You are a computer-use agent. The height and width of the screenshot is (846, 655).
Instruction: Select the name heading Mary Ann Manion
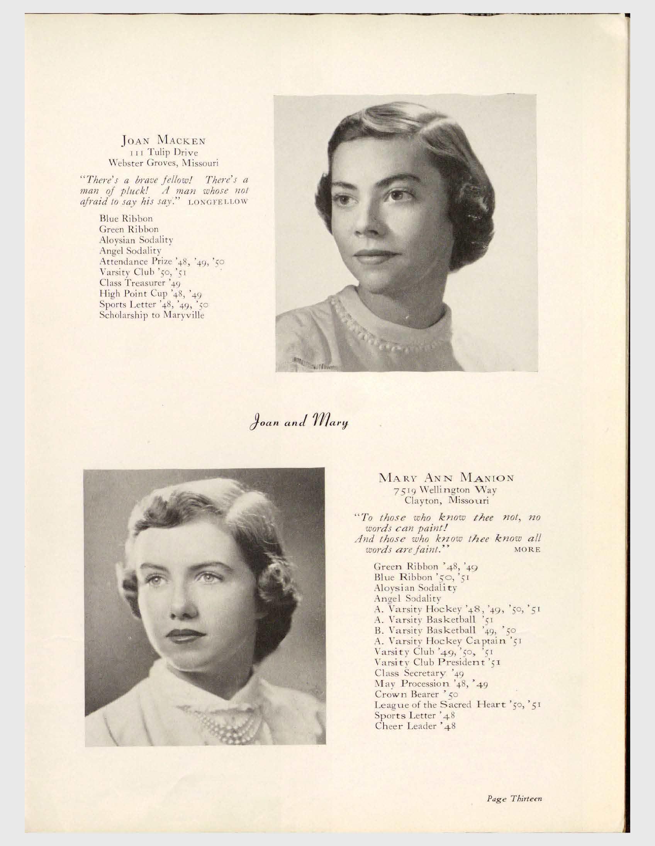[446, 478]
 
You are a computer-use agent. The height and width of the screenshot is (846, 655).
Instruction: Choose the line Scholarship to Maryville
[152, 315]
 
